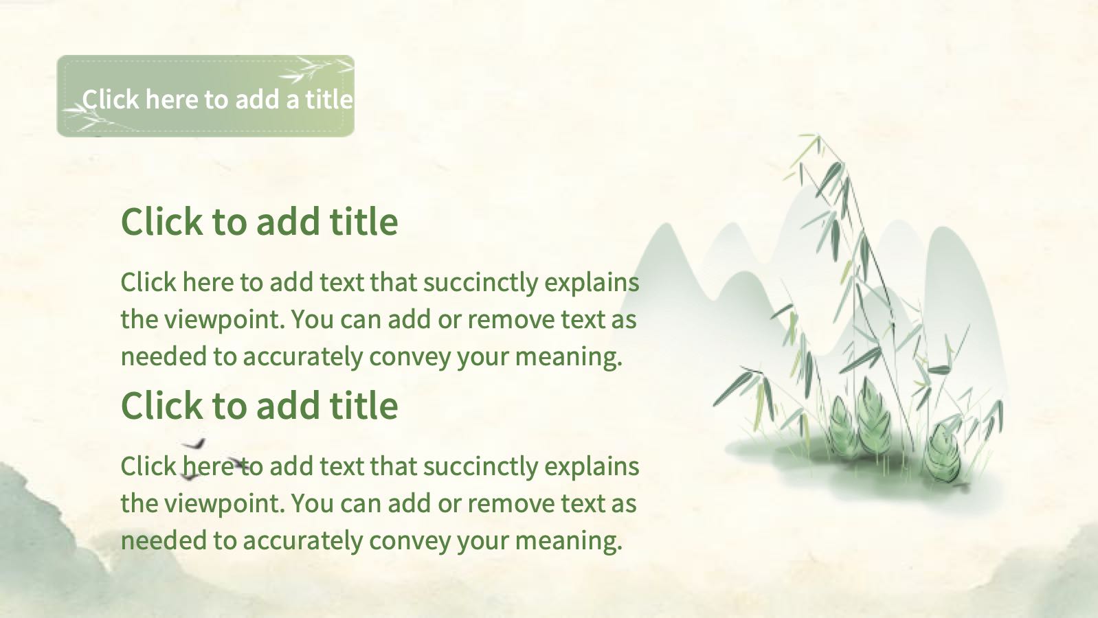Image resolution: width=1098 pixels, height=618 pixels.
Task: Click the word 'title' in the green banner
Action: point(329,100)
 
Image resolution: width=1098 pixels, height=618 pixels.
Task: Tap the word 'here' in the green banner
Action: point(172,100)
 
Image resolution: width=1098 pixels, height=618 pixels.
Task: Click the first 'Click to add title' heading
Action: point(259,222)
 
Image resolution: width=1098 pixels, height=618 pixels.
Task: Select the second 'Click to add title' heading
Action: point(259,406)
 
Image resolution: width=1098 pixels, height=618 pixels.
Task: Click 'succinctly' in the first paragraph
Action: point(481,283)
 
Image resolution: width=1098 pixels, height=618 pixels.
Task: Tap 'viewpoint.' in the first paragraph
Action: point(225,320)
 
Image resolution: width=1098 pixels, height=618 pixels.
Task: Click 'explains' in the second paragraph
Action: point(592,467)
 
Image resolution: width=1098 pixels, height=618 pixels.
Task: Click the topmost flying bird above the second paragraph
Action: point(194,444)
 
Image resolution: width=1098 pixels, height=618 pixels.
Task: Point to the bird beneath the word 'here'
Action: point(189,475)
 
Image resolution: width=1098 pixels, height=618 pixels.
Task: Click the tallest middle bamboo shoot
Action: point(873,416)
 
